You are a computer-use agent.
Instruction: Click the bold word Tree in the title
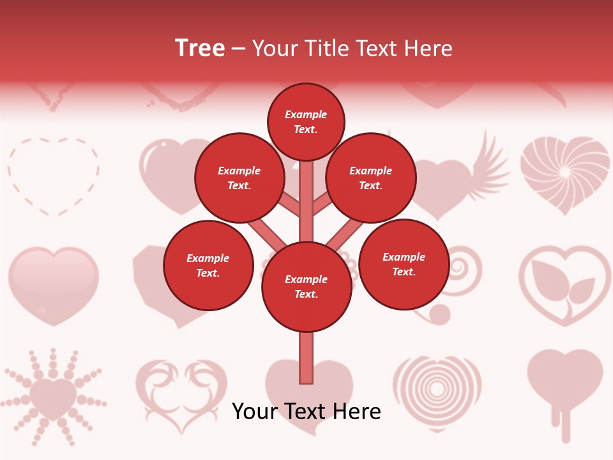200,49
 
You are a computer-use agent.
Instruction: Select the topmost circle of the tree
306,122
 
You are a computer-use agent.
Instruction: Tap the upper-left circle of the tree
239,178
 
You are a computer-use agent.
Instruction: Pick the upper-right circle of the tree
371,178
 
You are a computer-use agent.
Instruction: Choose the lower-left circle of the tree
208,265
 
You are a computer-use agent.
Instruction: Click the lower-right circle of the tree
404,264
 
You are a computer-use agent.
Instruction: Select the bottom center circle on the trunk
306,287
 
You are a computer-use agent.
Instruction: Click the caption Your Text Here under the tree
306,411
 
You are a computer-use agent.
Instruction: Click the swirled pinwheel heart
564,173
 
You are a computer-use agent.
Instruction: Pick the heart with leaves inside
564,284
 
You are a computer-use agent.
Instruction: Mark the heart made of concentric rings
437,390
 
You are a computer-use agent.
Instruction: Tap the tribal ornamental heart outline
182,393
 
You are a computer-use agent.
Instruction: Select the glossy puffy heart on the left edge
54,284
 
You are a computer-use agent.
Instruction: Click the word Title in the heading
331,49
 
